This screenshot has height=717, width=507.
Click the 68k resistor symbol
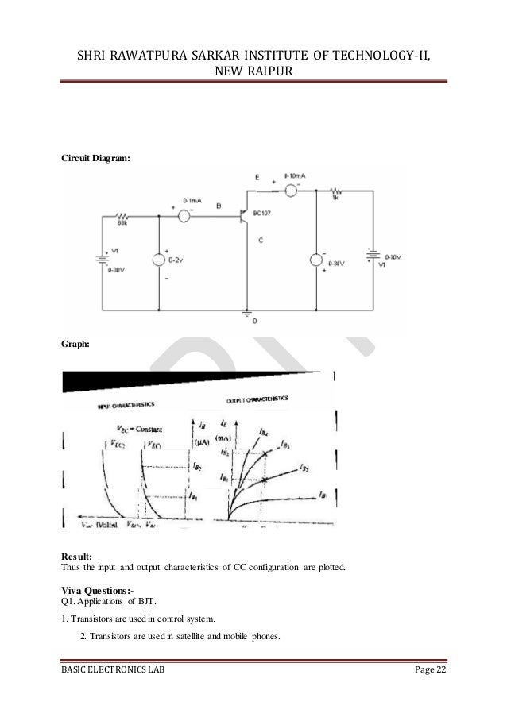click(x=123, y=215)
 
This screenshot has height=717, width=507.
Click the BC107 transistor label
click(x=264, y=214)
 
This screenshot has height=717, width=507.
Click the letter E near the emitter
click(x=257, y=179)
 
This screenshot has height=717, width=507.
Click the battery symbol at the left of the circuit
click(x=102, y=258)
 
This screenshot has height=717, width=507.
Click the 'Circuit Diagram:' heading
click(x=95, y=159)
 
